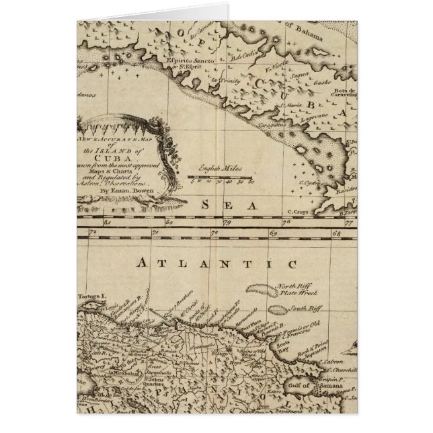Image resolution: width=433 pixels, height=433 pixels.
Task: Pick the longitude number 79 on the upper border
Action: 227,220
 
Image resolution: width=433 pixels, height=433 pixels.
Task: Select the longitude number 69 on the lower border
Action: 274,233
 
